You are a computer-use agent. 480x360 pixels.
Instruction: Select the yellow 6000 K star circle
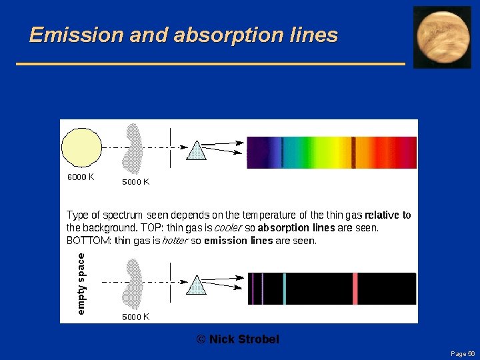coord(82,148)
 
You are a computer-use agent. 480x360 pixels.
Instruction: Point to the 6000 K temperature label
coord(81,177)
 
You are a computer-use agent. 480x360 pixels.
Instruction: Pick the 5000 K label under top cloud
coord(135,181)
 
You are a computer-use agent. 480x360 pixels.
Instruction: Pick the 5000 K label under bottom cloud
coord(135,317)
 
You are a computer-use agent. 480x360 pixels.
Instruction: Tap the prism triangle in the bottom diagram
coord(196,285)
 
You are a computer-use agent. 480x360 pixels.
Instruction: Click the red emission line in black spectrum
coord(355,289)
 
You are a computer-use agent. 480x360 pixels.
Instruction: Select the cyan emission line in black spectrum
coord(284,289)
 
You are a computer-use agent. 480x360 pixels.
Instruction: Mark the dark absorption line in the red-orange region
coord(353,152)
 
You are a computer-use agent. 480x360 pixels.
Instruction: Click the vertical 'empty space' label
coord(81,283)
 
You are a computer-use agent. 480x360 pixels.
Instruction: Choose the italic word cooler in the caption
coord(229,228)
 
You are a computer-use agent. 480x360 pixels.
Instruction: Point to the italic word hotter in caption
coord(175,241)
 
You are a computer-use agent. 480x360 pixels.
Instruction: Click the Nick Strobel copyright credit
coord(238,339)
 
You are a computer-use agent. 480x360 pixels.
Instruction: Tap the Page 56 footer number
coord(462,353)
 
